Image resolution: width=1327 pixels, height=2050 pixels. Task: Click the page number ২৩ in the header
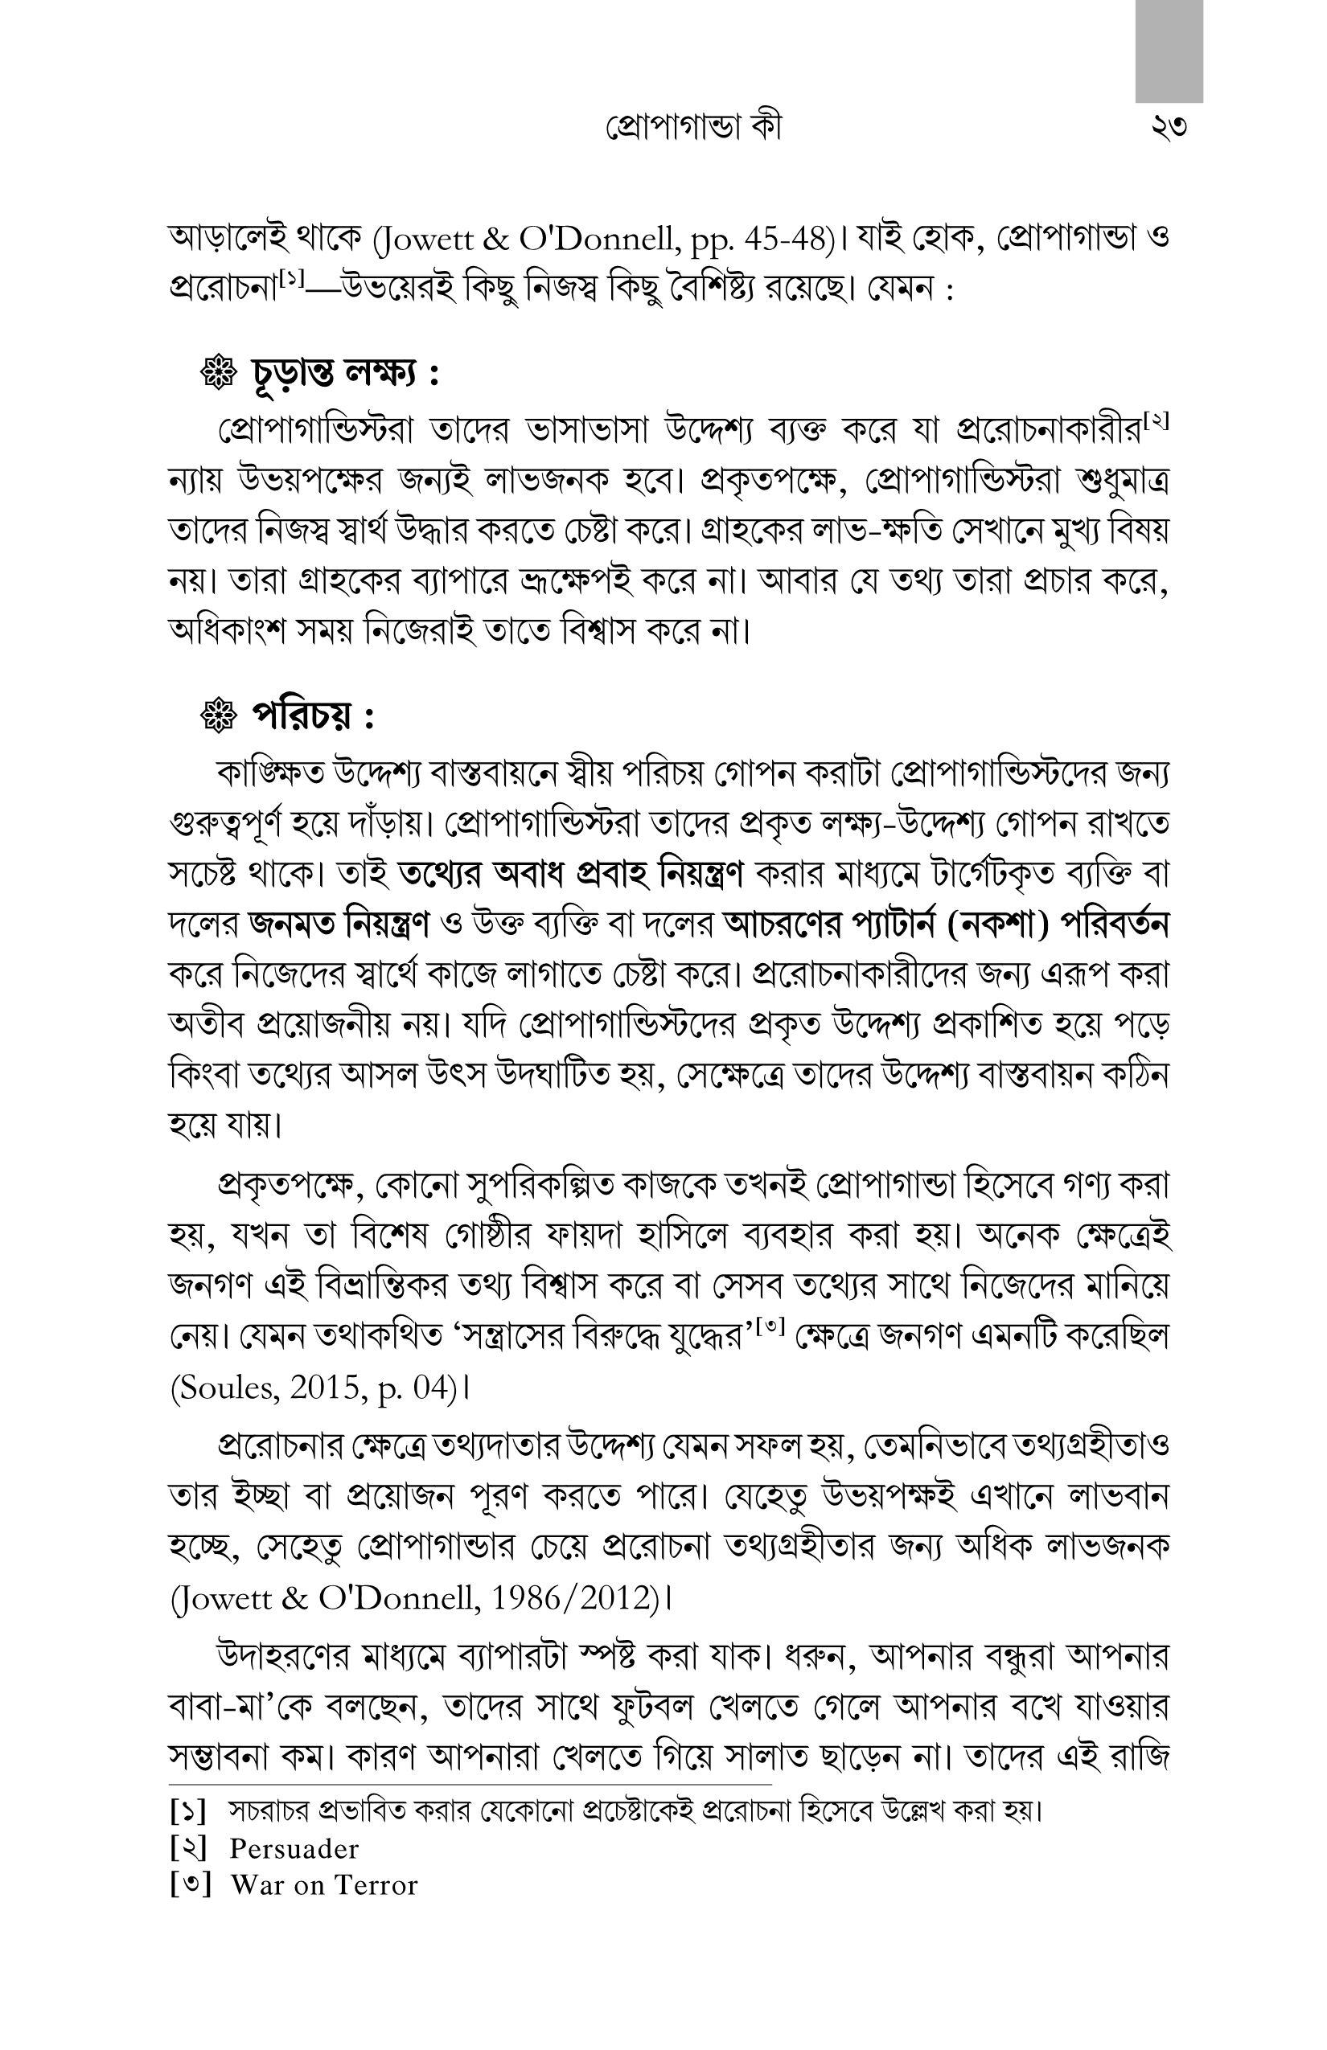tap(1168, 128)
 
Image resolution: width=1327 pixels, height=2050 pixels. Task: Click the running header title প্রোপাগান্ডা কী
tap(680, 128)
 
